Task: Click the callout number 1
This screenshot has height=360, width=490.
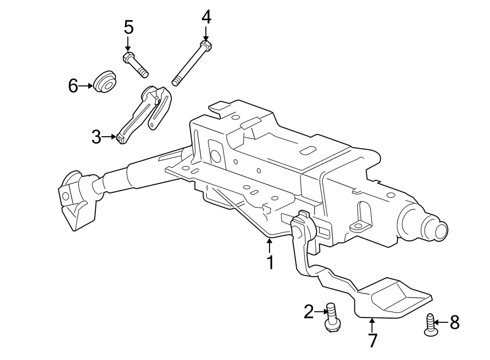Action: (x=269, y=263)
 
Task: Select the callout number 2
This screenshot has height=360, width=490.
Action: (x=309, y=312)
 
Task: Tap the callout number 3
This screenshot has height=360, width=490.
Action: (x=96, y=137)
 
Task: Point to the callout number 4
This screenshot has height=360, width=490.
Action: (x=206, y=17)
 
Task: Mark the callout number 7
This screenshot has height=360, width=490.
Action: (x=372, y=341)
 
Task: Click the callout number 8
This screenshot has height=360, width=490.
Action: (x=454, y=322)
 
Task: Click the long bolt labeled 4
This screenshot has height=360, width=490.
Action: (x=191, y=62)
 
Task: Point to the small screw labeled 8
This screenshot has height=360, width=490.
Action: (x=431, y=326)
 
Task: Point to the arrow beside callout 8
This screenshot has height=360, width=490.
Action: (x=442, y=322)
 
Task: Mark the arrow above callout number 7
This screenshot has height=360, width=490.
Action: (x=372, y=325)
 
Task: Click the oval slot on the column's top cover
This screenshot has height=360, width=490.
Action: (x=308, y=151)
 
